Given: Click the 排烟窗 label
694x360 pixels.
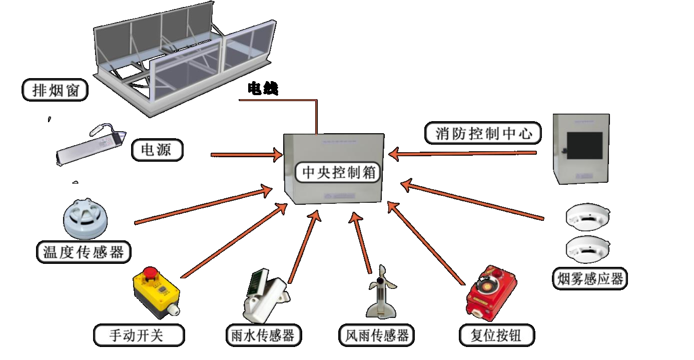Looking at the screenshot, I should [x=56, y=91].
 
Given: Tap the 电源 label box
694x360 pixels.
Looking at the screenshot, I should [x=157, y=150].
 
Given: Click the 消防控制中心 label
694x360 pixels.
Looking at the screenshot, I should [x=483, y=134].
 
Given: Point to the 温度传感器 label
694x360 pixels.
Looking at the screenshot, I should [x=83, y=252].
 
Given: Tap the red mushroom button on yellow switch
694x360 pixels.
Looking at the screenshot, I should [x=150, y=273].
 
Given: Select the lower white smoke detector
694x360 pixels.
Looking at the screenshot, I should [x=588, y=248].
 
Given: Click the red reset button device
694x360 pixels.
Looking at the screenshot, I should [x=488, y=295].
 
